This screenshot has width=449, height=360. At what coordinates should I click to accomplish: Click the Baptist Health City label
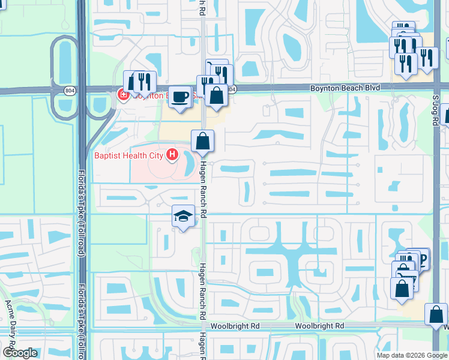pyautogui.click(x=130, y=155)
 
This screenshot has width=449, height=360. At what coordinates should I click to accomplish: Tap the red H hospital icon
pyautogui.click(x=173, y=155)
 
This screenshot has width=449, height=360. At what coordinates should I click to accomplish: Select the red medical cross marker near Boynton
pyautogui.click(x=122, y=95)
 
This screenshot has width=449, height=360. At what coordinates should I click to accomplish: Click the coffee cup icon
pyautogui.click(x=179, y=97)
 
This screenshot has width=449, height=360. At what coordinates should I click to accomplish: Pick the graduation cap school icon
pyautogui.click(x=183, y=217)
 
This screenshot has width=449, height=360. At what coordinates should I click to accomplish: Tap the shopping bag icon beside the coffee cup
pyautogui.click(x=215, y=95)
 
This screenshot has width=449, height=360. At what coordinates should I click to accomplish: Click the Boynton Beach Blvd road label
pyautogui.click(x=345, y=88)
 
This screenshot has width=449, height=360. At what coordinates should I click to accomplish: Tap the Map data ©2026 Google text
pyautogui.click(x=412, y=355)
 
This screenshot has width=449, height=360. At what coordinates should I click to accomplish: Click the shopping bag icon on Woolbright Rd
pyautogui.click(x=435, y=314)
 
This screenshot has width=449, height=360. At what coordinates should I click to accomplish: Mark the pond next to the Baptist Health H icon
pyautogui.click(x=188, y=161)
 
